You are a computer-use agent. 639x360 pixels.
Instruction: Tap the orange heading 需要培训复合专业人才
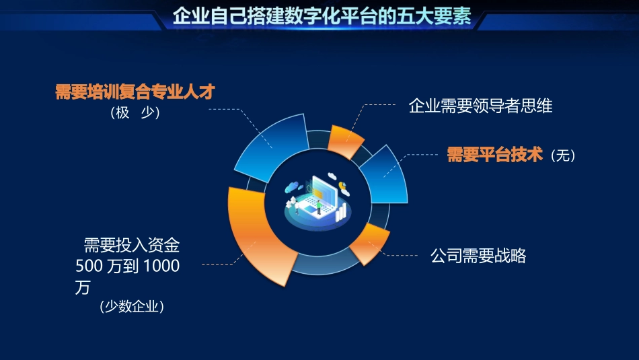[x=135, y=92]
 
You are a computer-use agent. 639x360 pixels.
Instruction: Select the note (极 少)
[x=135, y=113]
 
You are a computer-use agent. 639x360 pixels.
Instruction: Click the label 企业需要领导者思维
[x=480, y=106]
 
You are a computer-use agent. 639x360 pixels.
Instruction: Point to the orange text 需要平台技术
[x=495, y=155]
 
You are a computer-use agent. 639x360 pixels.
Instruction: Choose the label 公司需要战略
[x=478, y=256]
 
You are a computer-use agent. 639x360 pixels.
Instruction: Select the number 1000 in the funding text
[x=161, y=266]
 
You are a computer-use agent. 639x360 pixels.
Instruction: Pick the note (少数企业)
[x=132, y=307]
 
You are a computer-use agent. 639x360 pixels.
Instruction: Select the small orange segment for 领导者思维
[x=345, y=138]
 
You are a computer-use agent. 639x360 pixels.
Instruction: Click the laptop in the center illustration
[x=322, y=195]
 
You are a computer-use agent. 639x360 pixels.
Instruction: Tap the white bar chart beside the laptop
[x=342, y=213]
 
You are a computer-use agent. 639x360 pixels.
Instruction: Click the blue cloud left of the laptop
[x=293, y=186]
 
